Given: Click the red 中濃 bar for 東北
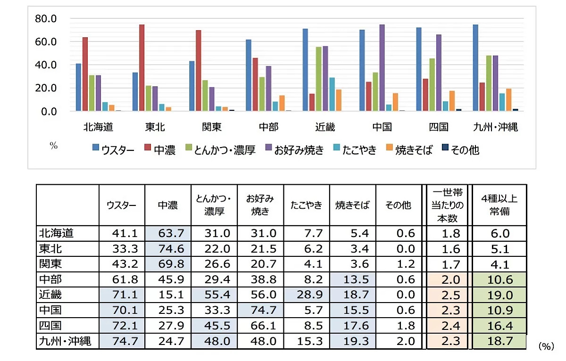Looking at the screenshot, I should (x=141, y=68).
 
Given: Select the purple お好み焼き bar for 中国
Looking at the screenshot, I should (x=382, y=68).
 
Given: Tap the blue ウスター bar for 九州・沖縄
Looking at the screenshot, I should (x=475, y=68).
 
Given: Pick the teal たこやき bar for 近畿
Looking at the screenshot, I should (x=333, y=94).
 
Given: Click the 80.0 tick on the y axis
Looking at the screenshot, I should (x=46, y=19).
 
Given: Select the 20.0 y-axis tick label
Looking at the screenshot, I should (x=46, y=88).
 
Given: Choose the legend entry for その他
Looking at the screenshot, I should (x=460, y=150).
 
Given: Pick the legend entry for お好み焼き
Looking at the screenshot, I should (x=293, y=150).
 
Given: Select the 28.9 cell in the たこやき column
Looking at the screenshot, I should (x=307, y=295).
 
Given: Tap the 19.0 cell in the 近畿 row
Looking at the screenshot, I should (x=499, y=295).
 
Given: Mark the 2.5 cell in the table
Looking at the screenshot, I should (x=448, y=295).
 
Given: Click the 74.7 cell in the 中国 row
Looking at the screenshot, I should (x=260, y=311).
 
